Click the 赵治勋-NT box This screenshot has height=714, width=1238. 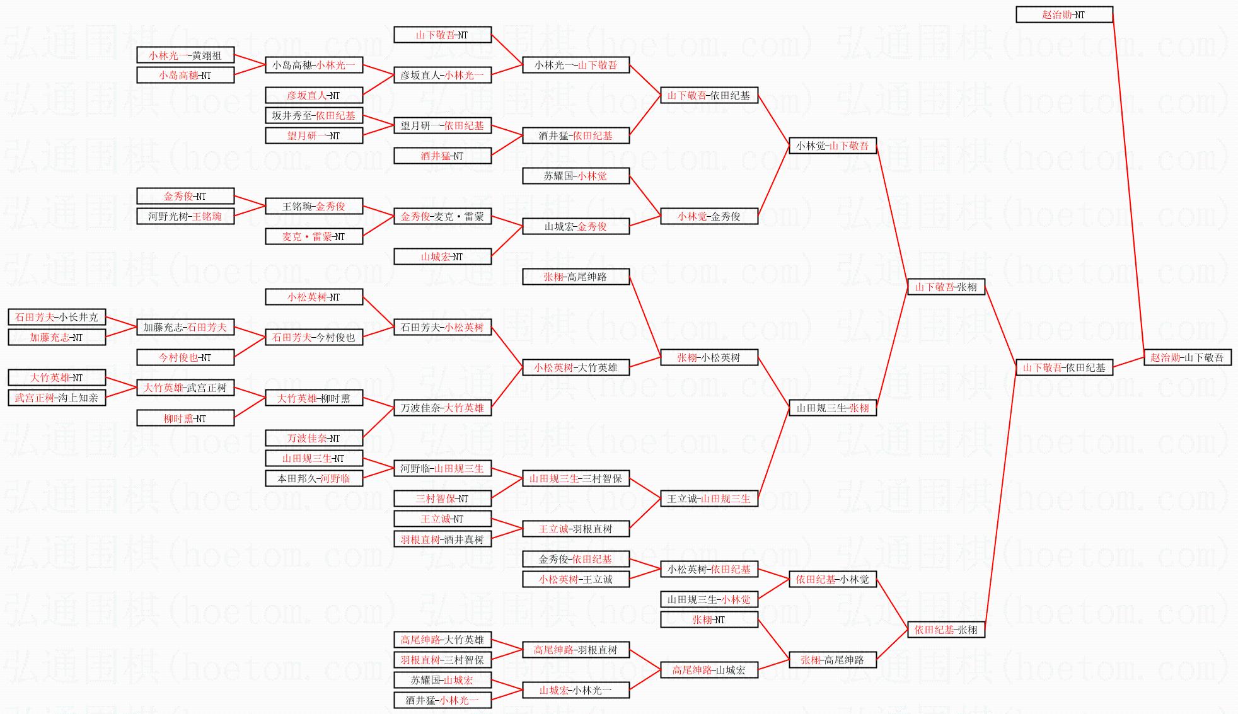tap(1064, 14)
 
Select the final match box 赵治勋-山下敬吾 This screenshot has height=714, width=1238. tap(1187, 357)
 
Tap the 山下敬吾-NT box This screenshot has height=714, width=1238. tap(442, 35)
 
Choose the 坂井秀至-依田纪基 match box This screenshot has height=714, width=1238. tap(313, 115)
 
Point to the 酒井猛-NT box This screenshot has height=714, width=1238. tap(442, 156)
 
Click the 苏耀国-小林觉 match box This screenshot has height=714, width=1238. tap(576, 176)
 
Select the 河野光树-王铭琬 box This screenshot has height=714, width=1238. tap(185, 216)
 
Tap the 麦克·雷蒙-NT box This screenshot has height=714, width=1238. tap(313, 236)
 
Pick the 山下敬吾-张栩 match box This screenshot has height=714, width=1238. tap(946, 287)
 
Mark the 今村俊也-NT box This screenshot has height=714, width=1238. tap(185, 357)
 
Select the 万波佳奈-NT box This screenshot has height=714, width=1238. tap(313, 438)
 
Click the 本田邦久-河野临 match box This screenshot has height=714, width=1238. tap(313, 478)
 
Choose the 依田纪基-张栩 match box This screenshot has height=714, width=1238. tap(946, 630)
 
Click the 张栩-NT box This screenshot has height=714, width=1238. tap(709, 619)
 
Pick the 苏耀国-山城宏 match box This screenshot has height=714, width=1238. tap(442, 680)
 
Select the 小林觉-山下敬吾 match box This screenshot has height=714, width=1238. tap(832, 146)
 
